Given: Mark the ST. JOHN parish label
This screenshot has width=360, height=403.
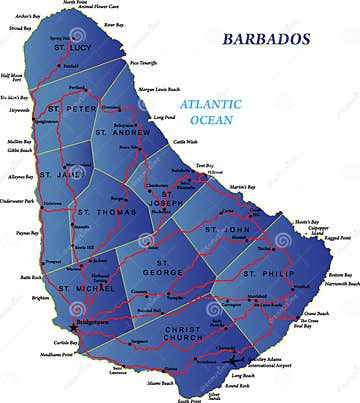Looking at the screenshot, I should click(225, 229).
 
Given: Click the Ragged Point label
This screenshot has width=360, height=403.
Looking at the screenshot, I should click(337, 237).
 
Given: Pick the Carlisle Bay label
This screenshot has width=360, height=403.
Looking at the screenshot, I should click(41, 341).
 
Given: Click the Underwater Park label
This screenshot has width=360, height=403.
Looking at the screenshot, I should click(18, 201).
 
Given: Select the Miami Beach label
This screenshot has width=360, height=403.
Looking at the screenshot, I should click(160, 382).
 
